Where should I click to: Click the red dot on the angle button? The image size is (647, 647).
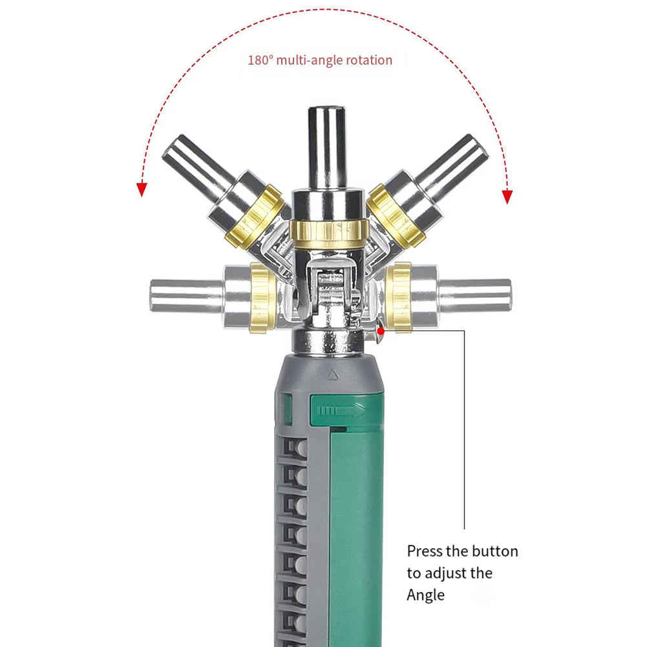(381, 331)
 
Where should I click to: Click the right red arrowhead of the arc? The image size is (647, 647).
(507, 196)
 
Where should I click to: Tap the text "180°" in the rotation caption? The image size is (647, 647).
(260, 60)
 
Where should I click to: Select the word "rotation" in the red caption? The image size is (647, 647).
(368, 60)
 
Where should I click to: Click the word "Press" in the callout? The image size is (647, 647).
(424, 551)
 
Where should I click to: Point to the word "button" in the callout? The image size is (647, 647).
(494, 551)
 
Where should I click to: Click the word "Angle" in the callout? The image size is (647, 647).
(426, 595)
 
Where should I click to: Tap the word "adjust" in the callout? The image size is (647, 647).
(447, 573)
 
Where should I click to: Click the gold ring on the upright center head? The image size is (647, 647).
(328, 230)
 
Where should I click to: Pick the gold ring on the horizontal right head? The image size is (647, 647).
(399, 297)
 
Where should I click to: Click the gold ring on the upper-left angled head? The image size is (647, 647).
(255, 217)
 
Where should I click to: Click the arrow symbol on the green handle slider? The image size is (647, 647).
(336, 410)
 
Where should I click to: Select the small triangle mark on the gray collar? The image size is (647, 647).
(332, 374)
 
